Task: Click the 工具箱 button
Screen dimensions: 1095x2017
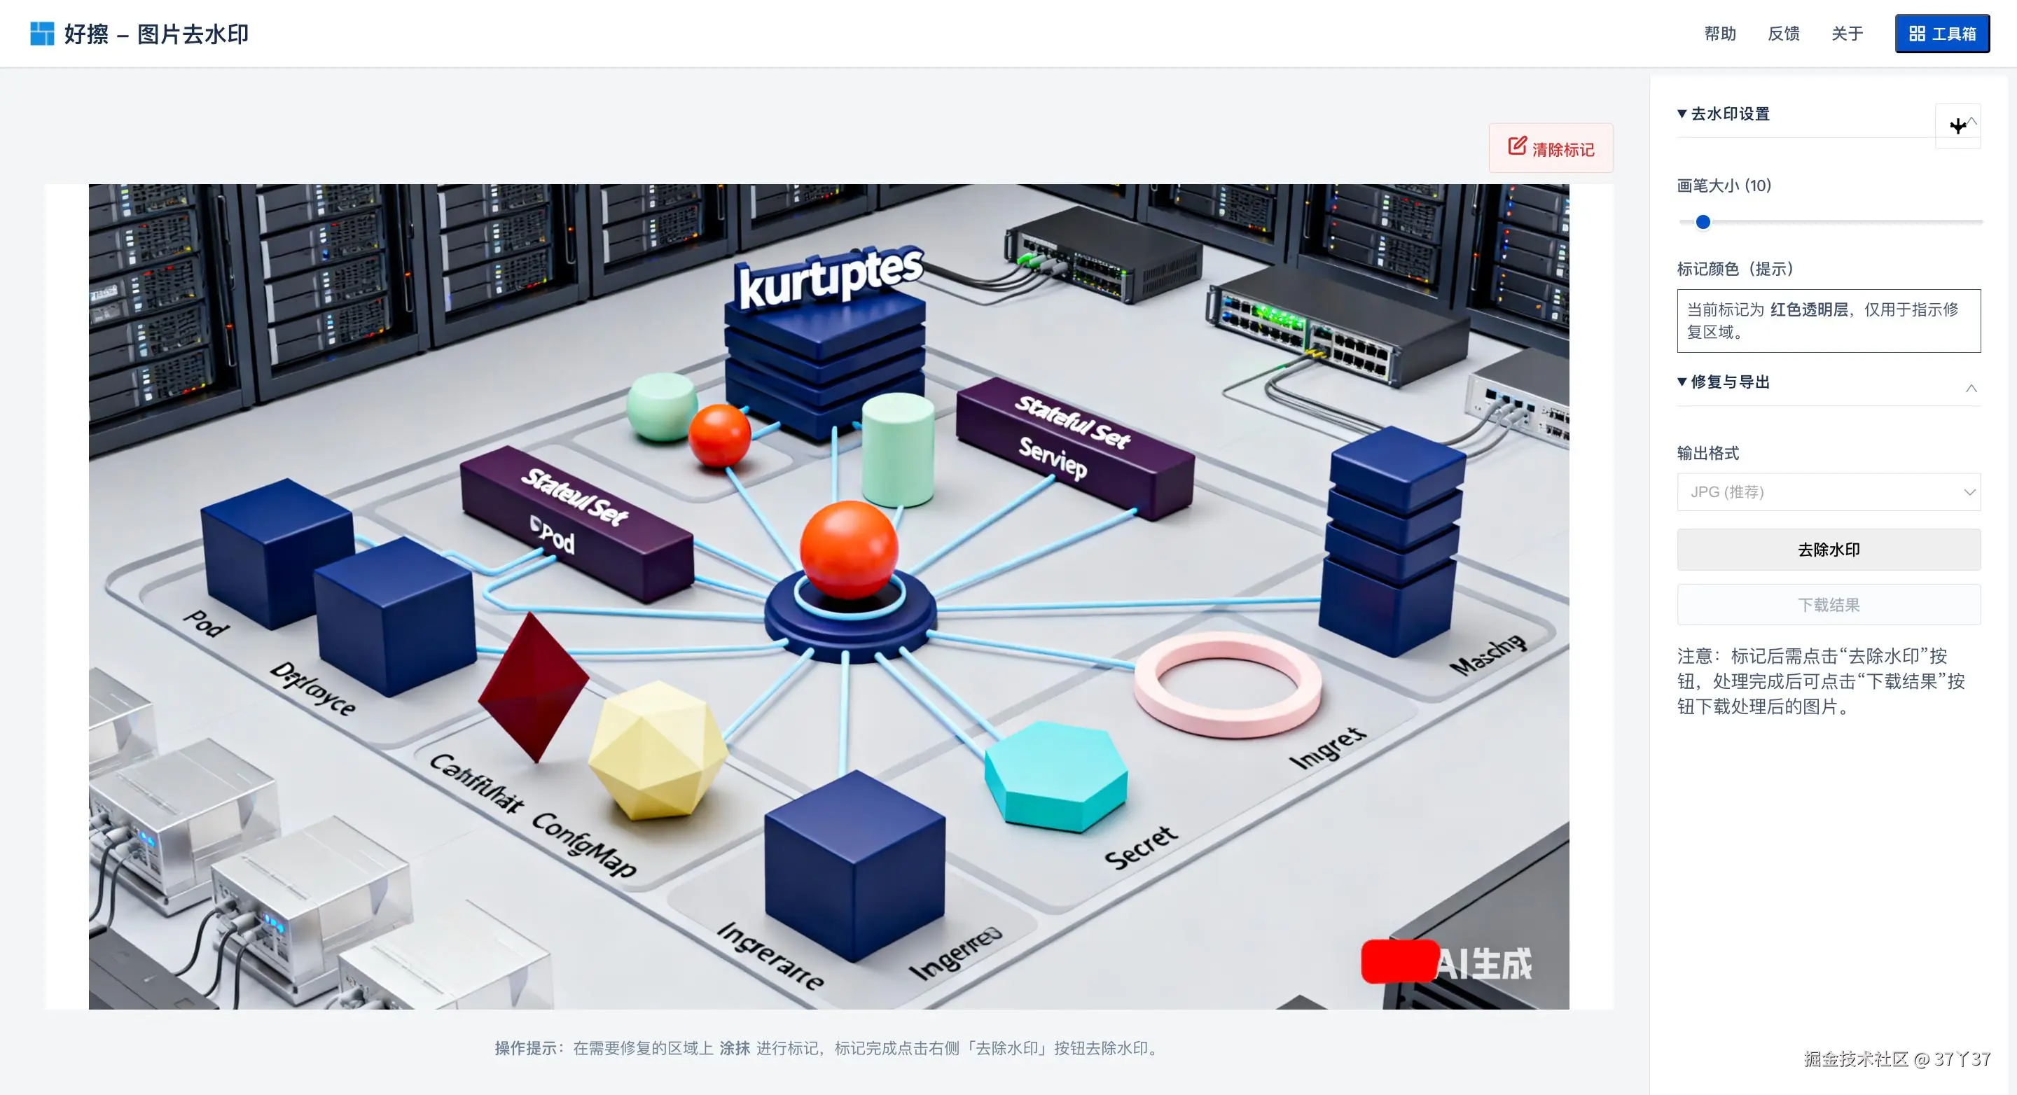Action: click(1941, 34)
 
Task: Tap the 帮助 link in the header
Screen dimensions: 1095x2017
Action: click(1719, 34)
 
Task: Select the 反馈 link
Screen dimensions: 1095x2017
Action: click(1783, 34)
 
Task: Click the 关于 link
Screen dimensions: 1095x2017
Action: click(1846, 34)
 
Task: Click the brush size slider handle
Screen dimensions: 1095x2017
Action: click(1703, 222)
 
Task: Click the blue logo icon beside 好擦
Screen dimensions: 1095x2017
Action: click(41, 34)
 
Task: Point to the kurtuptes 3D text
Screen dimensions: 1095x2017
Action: click(830, 276)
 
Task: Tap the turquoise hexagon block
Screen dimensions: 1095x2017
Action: click(1055, 775)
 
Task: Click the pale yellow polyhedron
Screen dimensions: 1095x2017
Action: click(658, 750)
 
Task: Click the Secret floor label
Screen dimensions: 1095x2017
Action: click(1140, 847)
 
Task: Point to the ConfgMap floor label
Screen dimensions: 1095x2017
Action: click(584, 844)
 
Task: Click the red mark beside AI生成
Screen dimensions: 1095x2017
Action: click(1399, 961)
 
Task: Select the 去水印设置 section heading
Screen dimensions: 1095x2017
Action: click(1729, 114)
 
